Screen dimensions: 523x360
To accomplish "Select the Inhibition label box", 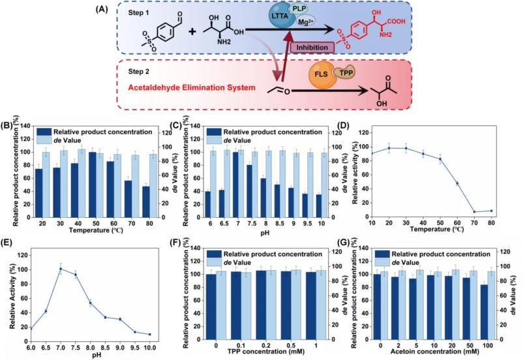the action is click(x=312, y=48).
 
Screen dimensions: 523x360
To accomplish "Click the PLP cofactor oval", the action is click(x=299, y=8).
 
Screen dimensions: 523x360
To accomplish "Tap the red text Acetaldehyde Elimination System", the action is click(x=192, y=88).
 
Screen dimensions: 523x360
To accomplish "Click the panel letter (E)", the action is click(x=7, y=243).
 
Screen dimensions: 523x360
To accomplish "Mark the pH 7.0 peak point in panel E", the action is click(x=61, y=269).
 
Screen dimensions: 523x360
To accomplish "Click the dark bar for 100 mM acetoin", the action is click(x=484, y=312).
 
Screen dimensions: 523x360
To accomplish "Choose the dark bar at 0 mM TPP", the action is click(x=211, y=307).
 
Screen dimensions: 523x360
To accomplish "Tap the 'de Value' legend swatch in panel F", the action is click(x=214, y=263).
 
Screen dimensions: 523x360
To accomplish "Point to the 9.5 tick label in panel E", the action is click(x=135, y=348).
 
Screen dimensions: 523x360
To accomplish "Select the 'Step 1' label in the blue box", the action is click(x=139, y=12).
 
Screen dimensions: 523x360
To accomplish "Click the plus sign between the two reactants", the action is click(x=192, y=31).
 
